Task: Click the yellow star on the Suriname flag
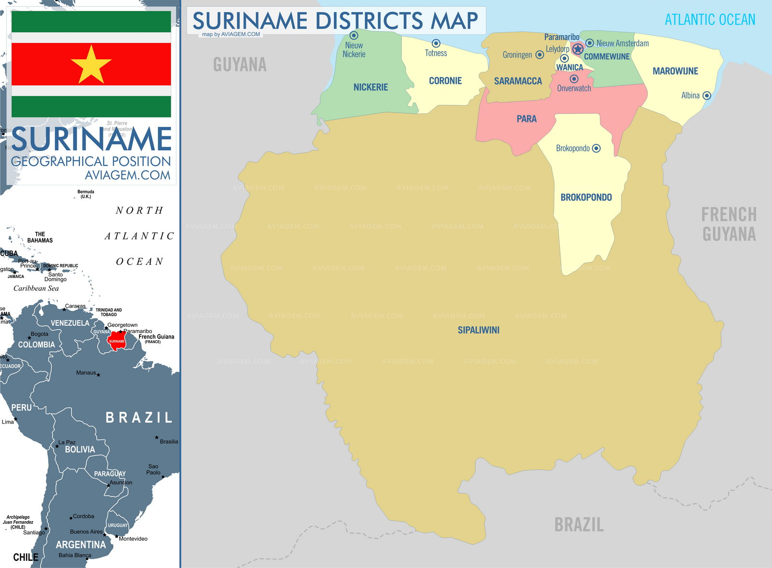point(91,65)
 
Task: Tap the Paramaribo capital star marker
point(578,49)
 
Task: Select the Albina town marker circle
point(707,96)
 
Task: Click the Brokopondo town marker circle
point(596,148)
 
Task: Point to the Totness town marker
point(436,43)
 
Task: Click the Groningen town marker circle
point(540,55)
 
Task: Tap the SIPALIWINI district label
point(478,330)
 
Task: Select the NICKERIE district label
point(371,87)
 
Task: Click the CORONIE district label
point(445,81)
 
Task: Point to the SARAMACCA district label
point(518,81)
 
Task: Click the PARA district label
point(526,119)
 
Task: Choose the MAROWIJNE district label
point(675,71)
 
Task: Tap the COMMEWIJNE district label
point(607,56)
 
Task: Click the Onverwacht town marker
point(574,79)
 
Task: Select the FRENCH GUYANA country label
point(729,224)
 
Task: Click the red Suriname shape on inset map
point(116,341)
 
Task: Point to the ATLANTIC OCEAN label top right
point(710,20)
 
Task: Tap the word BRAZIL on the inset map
point(139,417)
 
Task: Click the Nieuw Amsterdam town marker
point(590,43)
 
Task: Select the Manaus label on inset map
point(86,373)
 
